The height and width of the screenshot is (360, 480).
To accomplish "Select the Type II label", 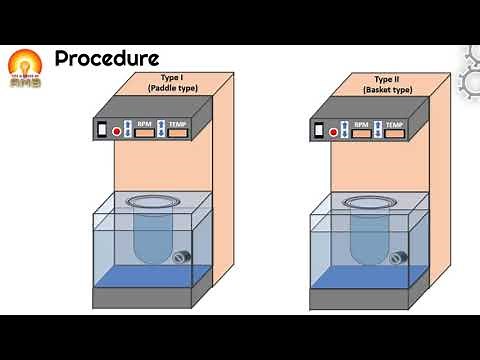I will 384,78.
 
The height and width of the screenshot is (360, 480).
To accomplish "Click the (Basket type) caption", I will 384,89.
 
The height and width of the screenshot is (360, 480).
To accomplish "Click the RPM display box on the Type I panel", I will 144,132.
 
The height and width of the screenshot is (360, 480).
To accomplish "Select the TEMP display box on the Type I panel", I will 179,132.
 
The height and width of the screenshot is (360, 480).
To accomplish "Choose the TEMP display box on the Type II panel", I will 395,130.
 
